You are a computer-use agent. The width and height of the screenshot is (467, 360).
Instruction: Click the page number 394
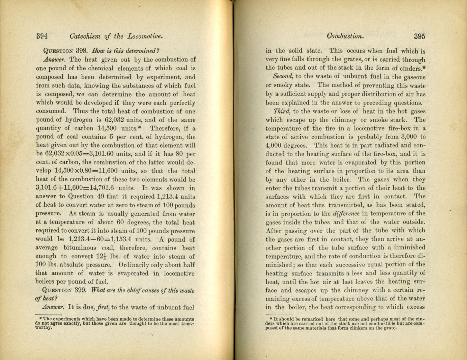[x=42, y=36]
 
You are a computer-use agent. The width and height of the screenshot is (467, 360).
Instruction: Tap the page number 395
[x=419, y=36]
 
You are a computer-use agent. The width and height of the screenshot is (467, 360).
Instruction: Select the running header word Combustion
[x=345, y=36]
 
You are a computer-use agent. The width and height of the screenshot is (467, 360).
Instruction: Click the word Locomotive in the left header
[x=145, y=36]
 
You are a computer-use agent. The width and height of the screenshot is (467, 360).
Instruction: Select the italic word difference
[x=346, y=214]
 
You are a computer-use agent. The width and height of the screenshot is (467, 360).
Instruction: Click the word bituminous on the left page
[x=80, y=248]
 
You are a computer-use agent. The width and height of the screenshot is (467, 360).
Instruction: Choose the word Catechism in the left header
[x=85, y=36]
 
